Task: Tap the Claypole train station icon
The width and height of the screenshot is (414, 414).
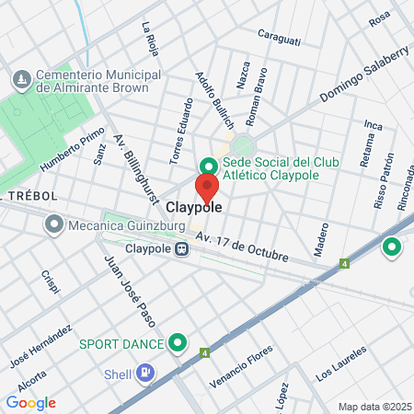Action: tap(182, 249)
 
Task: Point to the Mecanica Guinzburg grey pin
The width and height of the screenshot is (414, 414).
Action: tap(54, 223)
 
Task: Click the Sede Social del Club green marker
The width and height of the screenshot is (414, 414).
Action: tap(209, 166)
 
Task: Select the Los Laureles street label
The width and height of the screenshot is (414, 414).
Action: tap(340, 363)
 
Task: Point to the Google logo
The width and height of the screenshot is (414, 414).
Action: tap(30, 402)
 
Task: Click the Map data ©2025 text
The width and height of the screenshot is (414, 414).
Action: tap(374, 407)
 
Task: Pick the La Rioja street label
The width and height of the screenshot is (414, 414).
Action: tap(149, 40)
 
